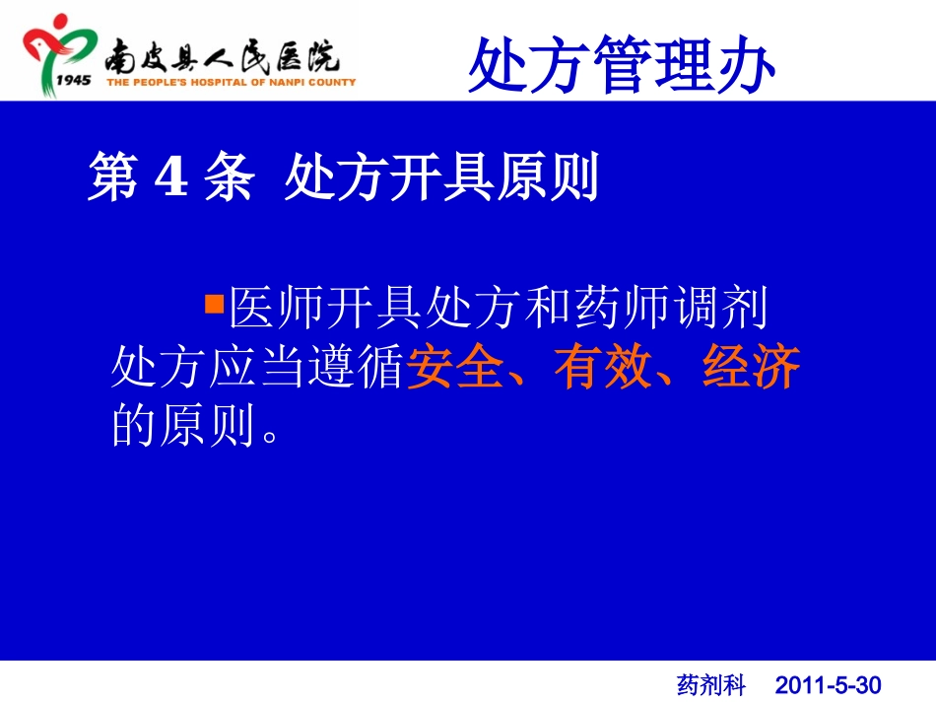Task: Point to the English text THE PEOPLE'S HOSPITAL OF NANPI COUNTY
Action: (231, 83)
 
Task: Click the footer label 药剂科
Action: (711, 684)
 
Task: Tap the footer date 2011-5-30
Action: (828, 684)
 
